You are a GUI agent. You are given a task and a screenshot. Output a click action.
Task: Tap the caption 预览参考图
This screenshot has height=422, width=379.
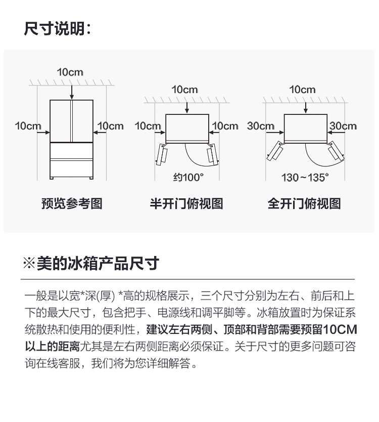[72, 203]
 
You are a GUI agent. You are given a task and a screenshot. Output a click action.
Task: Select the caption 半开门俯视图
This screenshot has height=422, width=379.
[186, 203]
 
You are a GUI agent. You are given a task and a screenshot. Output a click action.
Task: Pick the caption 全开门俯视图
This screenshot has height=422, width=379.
[304, 203]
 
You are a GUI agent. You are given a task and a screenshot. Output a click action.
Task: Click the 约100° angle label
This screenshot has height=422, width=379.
[188, 178]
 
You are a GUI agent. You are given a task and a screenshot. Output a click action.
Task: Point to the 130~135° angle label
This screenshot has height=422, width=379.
[305, 178]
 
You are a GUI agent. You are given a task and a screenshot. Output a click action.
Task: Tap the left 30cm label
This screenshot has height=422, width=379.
[260, 126]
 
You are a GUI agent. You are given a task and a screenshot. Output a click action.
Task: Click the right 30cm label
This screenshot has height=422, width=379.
[343, 126]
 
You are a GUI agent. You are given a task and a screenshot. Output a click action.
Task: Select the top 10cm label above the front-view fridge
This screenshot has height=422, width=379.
[70, 72]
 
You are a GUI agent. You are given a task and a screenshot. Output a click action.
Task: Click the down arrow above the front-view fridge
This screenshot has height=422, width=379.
[72, 92]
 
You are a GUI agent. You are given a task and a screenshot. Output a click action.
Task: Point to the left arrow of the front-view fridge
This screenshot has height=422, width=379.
[43, 133]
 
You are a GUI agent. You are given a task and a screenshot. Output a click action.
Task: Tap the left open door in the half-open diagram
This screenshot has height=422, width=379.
[162, 154]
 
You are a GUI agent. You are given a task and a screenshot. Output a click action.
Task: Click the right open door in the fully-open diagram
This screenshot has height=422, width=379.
[336, 151]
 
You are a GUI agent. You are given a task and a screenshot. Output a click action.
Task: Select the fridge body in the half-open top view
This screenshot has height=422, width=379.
[187, 128]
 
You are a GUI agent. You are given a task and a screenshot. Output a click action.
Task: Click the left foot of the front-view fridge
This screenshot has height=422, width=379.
[52, 178]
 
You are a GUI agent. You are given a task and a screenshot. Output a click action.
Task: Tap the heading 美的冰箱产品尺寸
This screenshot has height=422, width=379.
[98, 264]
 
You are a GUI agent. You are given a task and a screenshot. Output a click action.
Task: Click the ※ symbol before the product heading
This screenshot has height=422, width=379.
[29, 264]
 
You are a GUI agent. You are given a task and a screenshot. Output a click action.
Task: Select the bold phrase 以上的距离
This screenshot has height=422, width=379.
[52, 347]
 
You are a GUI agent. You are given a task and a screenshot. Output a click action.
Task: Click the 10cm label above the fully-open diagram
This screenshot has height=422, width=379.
[302, 90]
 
